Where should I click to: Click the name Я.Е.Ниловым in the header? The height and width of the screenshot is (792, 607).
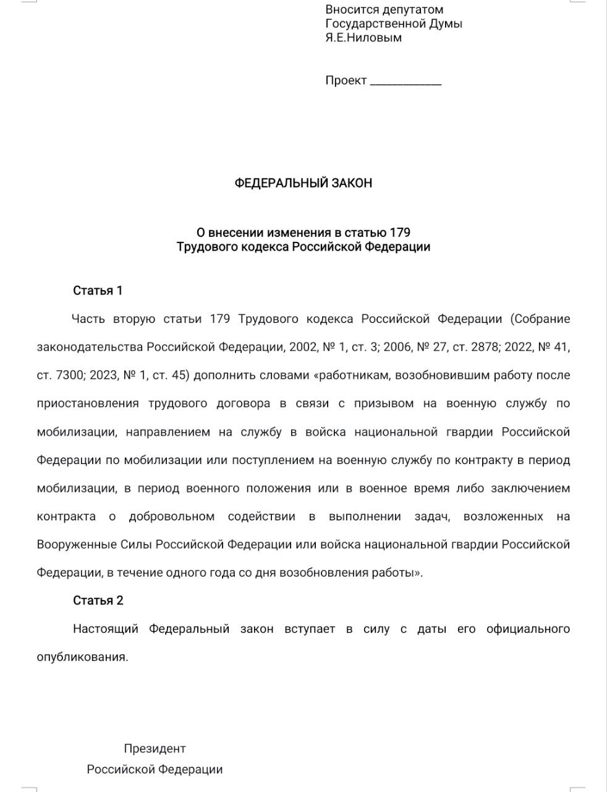363,38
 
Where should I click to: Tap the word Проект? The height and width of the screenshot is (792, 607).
346,80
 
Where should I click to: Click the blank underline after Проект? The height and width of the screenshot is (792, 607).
405,82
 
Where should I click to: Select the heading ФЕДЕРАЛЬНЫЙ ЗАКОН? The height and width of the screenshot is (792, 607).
303,183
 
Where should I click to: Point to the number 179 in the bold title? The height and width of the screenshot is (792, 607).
400,233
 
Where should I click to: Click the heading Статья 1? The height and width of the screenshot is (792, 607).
98,291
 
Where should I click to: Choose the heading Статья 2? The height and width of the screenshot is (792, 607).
98,601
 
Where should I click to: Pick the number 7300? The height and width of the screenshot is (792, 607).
73,376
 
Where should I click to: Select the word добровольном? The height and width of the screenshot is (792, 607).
171,517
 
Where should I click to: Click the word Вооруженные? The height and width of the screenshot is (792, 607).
77,545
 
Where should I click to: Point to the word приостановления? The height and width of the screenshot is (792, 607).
88,404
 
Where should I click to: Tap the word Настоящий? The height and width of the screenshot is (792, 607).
105,629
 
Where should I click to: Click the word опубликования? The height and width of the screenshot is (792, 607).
82,657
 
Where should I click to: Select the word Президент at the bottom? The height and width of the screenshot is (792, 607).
155,749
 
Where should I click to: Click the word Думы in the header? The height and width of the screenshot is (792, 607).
445,24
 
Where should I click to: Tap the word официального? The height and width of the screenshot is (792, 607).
528,629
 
